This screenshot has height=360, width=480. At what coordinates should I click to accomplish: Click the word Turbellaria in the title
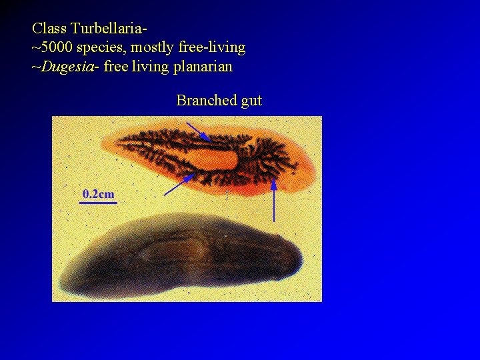(x=107, y=29)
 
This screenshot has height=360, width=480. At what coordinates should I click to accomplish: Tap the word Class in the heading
(x=48, y=29)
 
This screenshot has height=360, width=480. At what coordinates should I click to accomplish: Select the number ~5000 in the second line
(x=53, y=48)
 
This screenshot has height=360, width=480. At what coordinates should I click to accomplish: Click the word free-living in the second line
(x=211, y=48)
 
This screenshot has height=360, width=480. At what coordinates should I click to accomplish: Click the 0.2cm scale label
(x=98, y=194)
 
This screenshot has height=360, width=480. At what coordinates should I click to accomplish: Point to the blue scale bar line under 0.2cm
(x=98, y=203)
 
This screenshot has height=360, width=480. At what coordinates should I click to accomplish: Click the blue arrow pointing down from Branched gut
(x=198, y=131)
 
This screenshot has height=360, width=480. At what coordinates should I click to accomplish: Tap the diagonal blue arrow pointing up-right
(x=179, y=185)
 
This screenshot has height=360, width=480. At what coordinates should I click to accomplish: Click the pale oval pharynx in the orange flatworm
(x=213, y=159)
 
